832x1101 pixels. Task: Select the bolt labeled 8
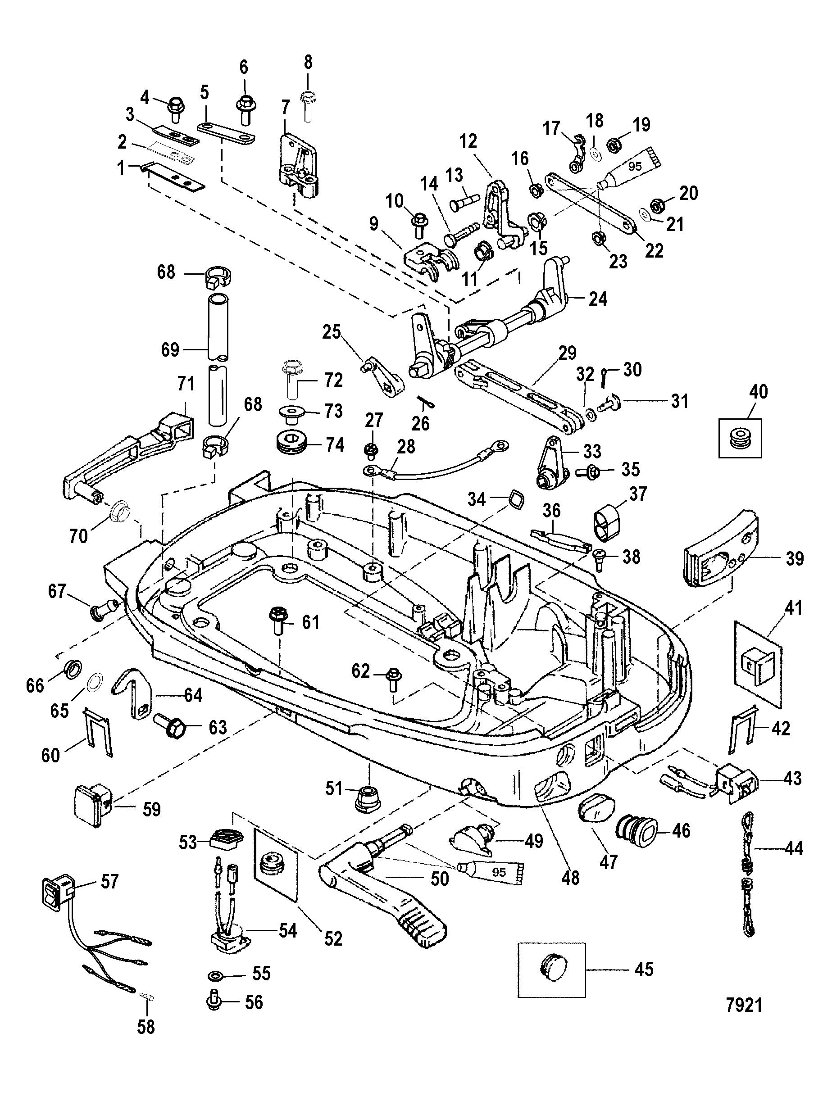(307, 105)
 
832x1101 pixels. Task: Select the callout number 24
(597, 299)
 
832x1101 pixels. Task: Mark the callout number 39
(795, 559)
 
